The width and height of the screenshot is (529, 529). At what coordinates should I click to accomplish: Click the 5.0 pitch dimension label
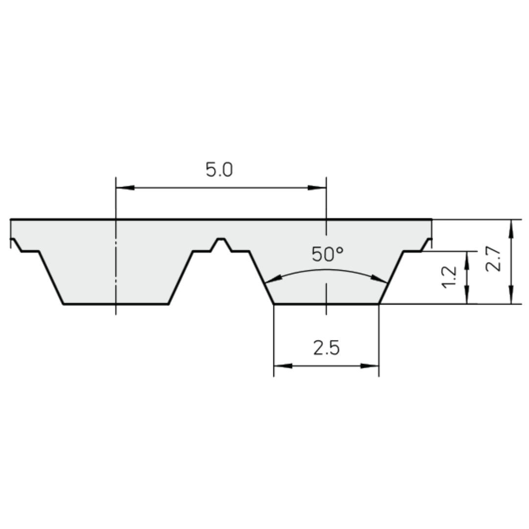tap(219, 170)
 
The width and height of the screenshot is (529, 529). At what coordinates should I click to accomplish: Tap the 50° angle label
tap(327, 254)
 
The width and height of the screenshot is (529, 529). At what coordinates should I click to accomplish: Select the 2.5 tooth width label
tap(326, 348)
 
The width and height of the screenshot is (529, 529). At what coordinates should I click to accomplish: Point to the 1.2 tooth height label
tap(449, 277)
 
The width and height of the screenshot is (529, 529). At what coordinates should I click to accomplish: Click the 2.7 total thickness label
tap(493, 259)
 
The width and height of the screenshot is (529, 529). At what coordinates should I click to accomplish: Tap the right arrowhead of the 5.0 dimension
tap(317, 187)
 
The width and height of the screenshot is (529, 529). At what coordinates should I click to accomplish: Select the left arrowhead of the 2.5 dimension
tap(282, 365)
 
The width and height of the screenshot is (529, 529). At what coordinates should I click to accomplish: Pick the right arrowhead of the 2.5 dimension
tap(370, 365)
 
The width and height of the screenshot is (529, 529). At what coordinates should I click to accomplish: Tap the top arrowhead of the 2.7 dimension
tap(511, 228)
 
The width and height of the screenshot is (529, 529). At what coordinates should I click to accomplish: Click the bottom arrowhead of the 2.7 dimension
tap(511, 296)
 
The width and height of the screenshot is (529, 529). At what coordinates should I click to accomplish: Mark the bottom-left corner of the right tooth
tap(274, 304)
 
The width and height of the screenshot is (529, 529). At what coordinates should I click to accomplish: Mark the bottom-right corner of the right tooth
tap(379, 304)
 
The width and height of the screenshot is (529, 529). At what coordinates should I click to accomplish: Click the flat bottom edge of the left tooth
tap(116, 304)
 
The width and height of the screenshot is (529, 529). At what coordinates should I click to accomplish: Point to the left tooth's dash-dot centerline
tap(116, 264)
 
